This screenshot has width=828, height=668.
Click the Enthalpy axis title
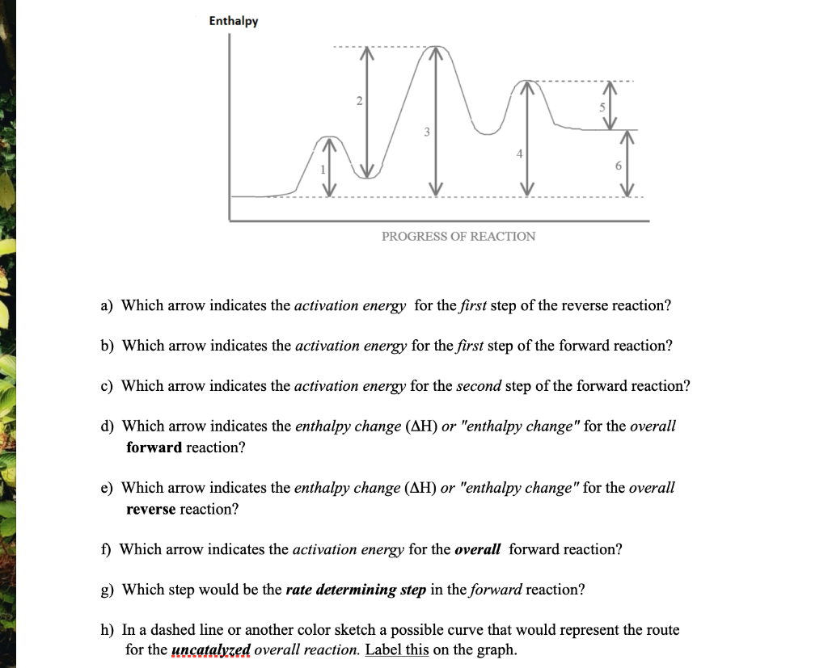(x=234, y=21)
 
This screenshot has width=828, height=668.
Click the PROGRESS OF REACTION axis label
(x=458, y=236)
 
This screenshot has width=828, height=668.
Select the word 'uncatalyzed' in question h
(x=212, y=650)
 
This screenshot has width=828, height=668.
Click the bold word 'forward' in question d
(x=154, y=447)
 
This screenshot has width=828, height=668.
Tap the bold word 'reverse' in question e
(x=151, y=509)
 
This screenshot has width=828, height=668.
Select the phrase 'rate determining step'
(x=356, y=590)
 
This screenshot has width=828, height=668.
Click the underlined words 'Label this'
(x=397, y=650)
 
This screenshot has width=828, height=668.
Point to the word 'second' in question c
(x=479, y=385)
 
